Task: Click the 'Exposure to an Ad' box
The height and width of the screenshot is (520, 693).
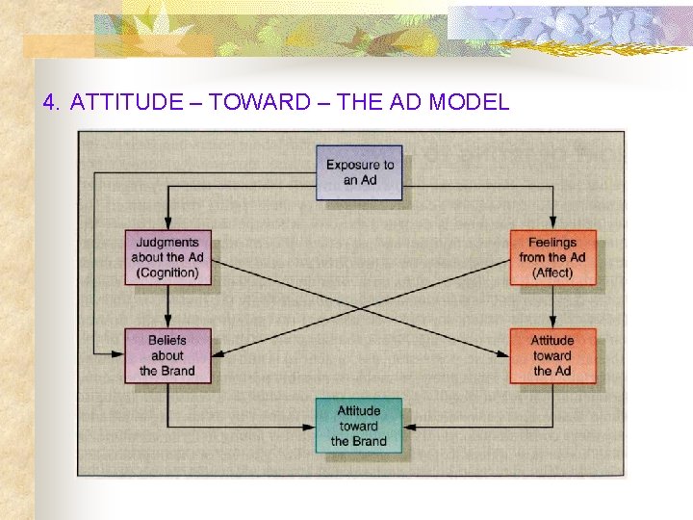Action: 360,172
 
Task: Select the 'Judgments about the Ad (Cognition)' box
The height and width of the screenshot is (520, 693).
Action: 167,257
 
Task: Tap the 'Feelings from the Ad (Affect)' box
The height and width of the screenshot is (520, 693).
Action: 552,257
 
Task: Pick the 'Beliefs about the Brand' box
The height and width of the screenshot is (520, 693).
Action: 167,355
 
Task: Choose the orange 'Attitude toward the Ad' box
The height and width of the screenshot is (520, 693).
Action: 552,355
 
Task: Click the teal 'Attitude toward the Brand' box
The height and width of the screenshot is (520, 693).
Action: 359,427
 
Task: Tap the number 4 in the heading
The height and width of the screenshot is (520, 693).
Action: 49,102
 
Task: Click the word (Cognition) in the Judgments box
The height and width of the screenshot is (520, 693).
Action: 167,273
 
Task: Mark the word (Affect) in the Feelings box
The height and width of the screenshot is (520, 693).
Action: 552,273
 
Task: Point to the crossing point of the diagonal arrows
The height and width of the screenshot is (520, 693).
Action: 360,307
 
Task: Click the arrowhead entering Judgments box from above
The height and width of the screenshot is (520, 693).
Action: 168,224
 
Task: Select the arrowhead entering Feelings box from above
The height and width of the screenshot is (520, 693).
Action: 552,224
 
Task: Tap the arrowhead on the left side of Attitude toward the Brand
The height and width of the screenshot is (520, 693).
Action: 311,425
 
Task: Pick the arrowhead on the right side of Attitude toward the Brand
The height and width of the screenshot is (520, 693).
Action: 408,425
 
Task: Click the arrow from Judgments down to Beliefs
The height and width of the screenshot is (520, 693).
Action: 168,306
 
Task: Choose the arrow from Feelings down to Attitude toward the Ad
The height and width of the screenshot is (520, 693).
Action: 552,306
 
